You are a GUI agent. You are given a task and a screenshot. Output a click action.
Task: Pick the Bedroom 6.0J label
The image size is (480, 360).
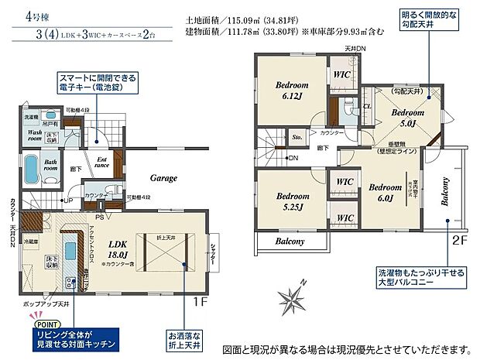[x=384, y=192]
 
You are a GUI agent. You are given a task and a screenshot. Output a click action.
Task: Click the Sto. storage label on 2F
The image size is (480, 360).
[x=297, y=139]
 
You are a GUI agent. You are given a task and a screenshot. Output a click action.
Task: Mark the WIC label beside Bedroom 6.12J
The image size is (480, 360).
[x=341, y=75]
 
